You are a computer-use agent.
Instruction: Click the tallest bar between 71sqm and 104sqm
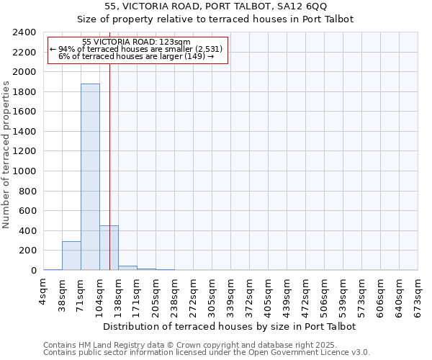click(90, 176)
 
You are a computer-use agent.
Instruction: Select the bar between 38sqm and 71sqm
click(71, 256)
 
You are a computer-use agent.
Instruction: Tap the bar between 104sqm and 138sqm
click(109, 248)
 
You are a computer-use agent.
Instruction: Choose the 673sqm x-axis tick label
click(418, 294)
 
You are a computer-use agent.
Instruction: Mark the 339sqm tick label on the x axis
click(231, 294)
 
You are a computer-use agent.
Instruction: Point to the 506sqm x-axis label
click(325, 294)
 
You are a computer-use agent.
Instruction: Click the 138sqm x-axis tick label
click(119, 294)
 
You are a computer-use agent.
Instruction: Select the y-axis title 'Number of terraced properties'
click(6, 155)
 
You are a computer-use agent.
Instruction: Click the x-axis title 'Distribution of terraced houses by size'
click(230, 326)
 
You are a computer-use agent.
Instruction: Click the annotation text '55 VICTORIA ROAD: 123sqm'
click(136, 42)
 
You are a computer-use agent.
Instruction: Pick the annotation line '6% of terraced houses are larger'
click(136, 56)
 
